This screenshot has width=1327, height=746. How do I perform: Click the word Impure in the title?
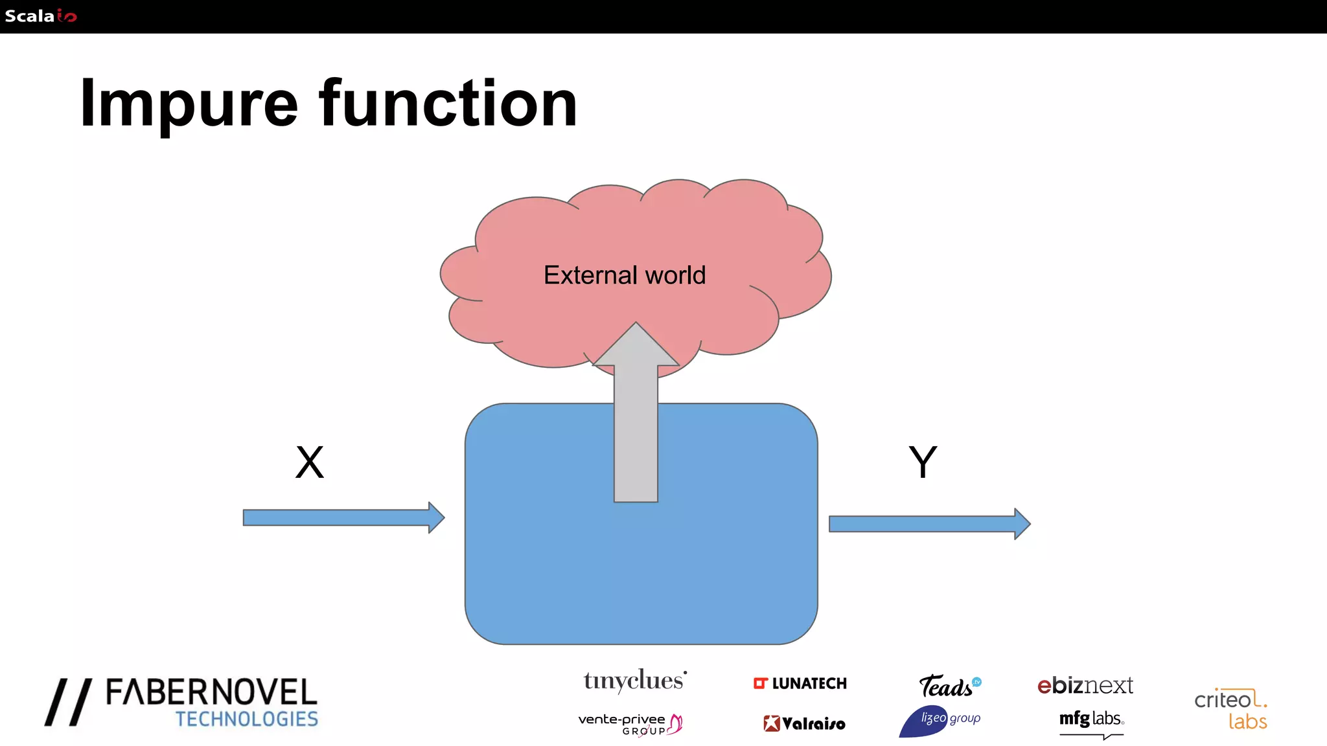coord(189,104)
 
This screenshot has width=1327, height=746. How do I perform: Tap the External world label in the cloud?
coord(624,275)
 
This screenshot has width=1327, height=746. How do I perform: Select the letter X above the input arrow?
coord(310,462)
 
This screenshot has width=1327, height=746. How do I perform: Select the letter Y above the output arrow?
coord(923,462)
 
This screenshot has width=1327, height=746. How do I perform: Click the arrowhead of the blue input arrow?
coord(436,517)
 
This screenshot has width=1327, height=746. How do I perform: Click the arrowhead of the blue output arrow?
coord(1022,524)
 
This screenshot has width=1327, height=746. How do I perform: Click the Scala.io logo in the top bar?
coord(40,16)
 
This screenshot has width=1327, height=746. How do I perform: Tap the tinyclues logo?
coord(634,681)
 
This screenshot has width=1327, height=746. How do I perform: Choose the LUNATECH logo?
coord(800,683)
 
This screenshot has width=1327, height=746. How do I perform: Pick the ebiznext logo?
coord(1085,685)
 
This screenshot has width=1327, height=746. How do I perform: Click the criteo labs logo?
coord(1230,709)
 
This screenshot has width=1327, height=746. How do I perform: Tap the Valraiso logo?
coord(804,723)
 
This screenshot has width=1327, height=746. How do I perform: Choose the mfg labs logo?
coord(1091,719)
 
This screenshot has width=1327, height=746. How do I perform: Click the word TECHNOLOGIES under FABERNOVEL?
coord(247,719)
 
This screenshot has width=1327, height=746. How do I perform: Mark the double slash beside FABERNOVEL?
coord(68,702)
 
